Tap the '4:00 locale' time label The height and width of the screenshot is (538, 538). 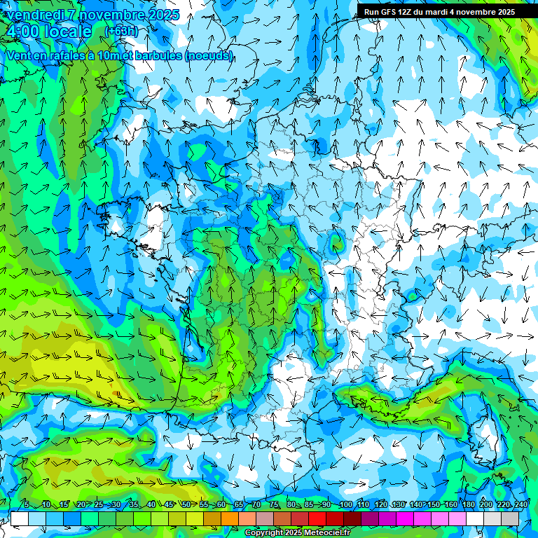[x=48, y=32]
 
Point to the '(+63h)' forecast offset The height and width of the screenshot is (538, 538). [x=120, y=31]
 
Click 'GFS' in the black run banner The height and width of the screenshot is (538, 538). [x=390, y=12]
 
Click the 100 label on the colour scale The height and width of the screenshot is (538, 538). [x=345, y=505]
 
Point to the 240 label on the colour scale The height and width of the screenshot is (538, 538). [x=520, y=505]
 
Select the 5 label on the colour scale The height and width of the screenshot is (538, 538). [x=27, y=505]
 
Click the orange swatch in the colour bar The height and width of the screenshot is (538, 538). [x=230, y=518]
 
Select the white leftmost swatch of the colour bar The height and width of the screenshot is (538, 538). [x=20, y=518]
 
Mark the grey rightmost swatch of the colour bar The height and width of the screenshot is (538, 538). [x=511, y=518]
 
